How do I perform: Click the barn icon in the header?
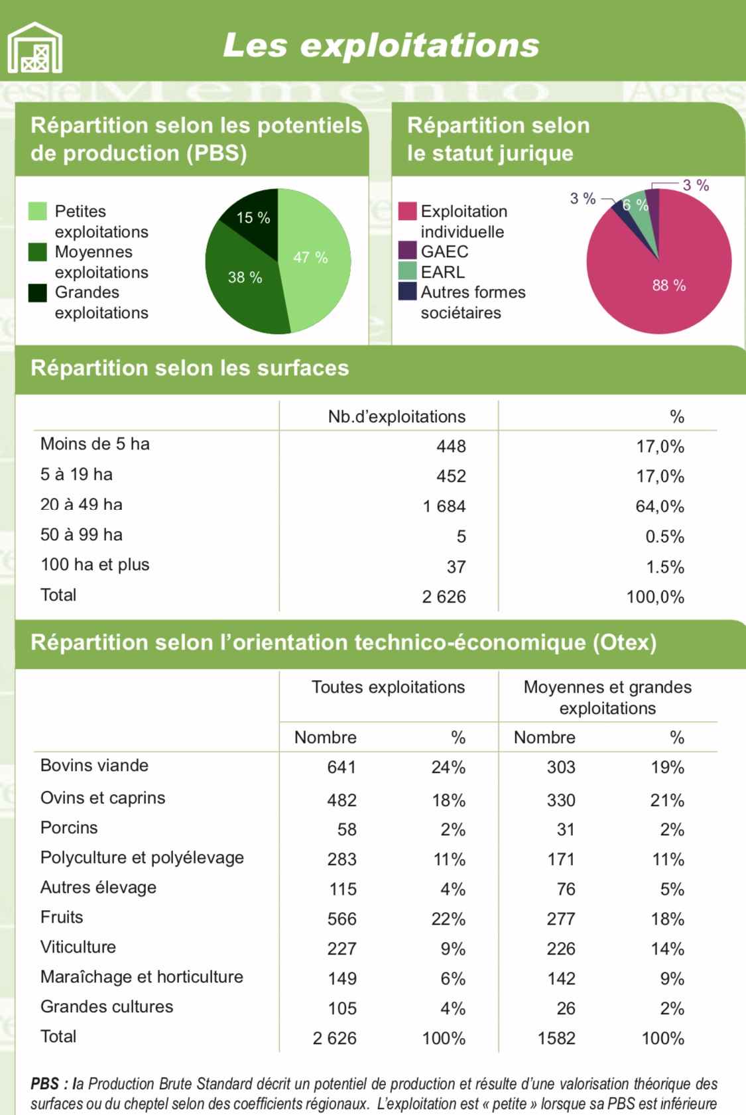tap(35, 47)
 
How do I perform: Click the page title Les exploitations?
tap(381, 45)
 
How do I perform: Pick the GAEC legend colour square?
tap(407, 251)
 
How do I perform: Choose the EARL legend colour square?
tap(407, 271)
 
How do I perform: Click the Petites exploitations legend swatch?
tap(38, 211)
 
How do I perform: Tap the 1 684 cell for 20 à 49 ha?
tap(444, 506)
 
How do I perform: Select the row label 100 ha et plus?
tap(95, 565)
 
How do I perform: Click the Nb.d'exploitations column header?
tap(397, 416)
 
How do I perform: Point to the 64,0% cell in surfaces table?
tap(660, 506)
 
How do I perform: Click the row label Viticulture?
tap(78, 947)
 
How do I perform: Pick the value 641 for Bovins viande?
tap(342, 767)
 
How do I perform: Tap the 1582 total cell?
tap(556, 1038)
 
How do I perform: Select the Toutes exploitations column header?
tap(388, 687)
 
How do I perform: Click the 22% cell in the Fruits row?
tap(448, 919)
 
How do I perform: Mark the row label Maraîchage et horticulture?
tap(142, 976)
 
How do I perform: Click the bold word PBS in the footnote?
tap(44, 1084)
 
